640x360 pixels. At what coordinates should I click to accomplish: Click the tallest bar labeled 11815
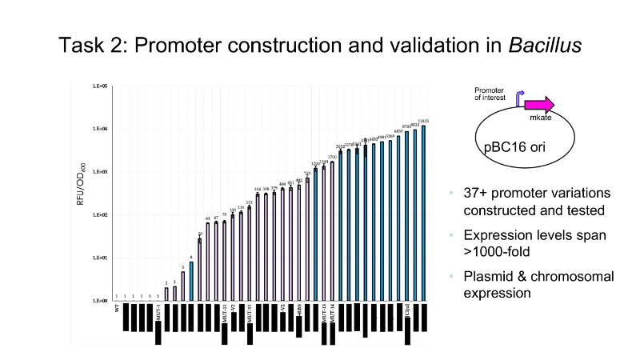click(423, 213)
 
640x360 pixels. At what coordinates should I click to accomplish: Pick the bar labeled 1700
click(332, 232)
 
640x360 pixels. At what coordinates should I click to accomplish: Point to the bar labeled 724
click(307, 240)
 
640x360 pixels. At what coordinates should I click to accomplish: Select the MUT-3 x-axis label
click(158, 312)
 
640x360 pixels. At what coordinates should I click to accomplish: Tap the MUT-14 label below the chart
click(332, 314)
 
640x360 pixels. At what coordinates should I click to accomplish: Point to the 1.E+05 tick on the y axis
click(100, 86)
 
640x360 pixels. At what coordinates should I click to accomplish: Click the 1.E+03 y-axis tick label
click(100, 172)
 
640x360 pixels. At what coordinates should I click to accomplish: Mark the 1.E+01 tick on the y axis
click(100, 258)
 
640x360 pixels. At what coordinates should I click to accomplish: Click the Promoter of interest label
click(490, 94)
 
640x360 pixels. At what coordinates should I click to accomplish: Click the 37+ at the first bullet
click(478, 194)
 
